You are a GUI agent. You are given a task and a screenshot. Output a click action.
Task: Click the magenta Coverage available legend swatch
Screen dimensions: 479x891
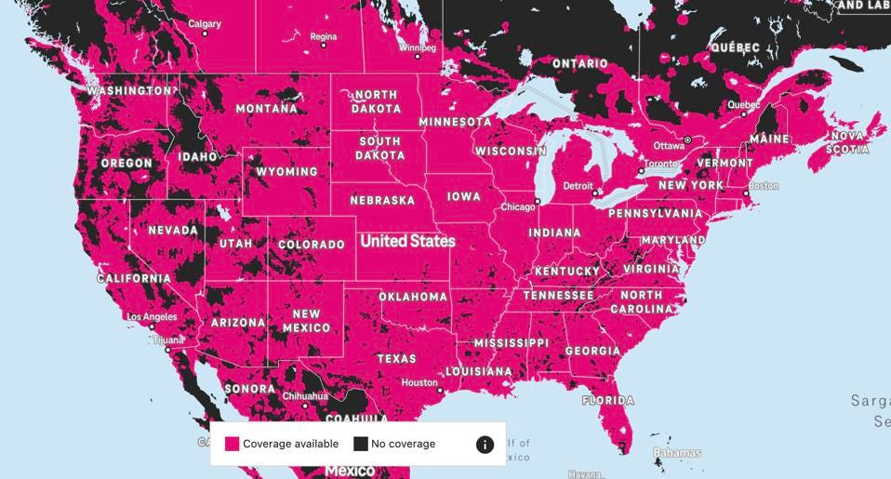click(x=232, y=444)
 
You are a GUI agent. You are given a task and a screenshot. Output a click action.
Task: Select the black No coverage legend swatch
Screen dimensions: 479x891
click(x=360, y=444)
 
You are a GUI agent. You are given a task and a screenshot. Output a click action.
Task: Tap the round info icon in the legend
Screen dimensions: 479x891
click(x=485, y=445)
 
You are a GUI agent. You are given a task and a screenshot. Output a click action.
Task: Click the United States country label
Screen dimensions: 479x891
click(x=407, y=241)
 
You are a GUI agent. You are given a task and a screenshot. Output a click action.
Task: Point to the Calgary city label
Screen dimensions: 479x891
click(x=205, y=23)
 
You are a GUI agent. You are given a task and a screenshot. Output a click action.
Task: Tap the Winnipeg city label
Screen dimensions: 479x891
click(x=417, y=47)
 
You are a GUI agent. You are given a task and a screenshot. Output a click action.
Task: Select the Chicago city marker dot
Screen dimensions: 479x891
click(x=538, y=201)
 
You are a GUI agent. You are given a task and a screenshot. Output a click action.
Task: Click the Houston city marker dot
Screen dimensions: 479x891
click(x=440, y=390)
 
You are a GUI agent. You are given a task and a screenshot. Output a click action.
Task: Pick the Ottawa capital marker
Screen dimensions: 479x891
click(x=687, y=140)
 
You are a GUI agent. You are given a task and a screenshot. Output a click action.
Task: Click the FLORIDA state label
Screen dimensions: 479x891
click(x=607, y=401)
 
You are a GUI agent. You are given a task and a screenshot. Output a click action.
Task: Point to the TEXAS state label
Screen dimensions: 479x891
click(x=396, y=359)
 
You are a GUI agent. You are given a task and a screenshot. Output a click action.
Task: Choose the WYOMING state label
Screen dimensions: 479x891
click(x=286, y=172)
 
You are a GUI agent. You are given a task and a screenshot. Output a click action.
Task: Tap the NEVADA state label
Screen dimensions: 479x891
click(x=172, y=230)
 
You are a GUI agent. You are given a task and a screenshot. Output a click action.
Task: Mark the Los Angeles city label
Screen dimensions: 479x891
click(x=152, y=317)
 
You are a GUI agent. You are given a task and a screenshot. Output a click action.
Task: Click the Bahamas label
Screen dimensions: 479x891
click(x=676, y=453)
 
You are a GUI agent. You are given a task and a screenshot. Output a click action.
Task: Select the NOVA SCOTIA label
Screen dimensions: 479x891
click(x=847, y=142)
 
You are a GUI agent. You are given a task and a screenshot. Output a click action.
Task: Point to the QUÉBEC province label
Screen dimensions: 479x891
click(x=735, y=47)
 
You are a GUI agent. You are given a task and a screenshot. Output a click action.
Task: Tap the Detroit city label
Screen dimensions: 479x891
click(x=578, y=186)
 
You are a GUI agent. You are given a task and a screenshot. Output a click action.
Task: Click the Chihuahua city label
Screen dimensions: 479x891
click(x=305, y=396)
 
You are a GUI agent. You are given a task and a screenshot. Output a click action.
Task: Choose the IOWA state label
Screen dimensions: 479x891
click(x=464, y=197)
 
